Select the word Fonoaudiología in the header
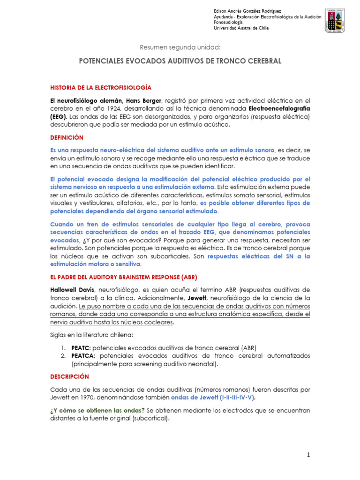click(229, 22)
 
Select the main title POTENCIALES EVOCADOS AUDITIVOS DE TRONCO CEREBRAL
click(180, 61)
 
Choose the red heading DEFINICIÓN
click(67, 137)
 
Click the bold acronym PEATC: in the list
click(81, 347)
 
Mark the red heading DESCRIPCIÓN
click(69, 376)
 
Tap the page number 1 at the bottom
click(308, 455)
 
